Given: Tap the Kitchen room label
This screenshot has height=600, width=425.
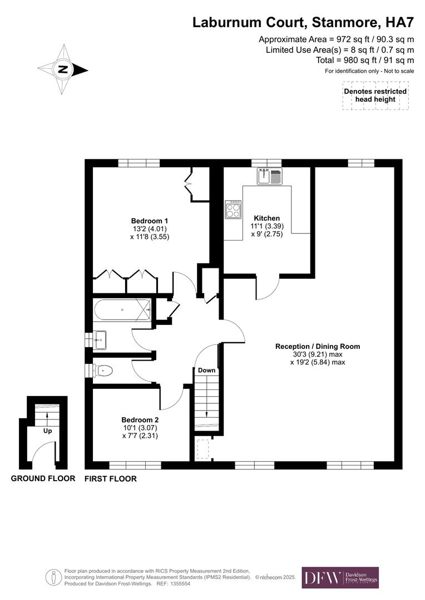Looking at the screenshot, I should pyautogui.click(x=266, y=218).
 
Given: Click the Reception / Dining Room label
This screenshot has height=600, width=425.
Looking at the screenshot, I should pyautogui.click(x=318, y=346).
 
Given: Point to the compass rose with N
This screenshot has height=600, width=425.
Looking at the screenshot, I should pyautogui.click(x=63, y=69).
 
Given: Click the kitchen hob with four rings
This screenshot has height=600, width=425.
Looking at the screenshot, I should pyautogui.click(x=233, y=209).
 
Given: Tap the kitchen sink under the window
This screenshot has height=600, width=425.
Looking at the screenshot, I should pyautogui.click(x=270, y=177).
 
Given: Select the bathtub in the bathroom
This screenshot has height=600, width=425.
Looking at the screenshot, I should pyautogui.click(x=122, y=309).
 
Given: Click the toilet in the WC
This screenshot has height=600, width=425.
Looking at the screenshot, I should pyautogui.click(x=103, y=370).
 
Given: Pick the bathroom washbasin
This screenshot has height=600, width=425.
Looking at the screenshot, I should pyautogui.click(x=100, y=339).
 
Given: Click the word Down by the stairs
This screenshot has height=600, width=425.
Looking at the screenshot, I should pyautogui.click(x=206, y=370).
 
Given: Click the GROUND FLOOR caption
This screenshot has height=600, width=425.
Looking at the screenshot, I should pyautogui.click(x=43, y=478).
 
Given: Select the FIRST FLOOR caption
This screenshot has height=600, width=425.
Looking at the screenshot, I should pyautogui.click(x=110, y=478).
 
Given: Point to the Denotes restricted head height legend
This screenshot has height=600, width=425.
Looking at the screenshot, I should pyautogui.click(x=375, y=95).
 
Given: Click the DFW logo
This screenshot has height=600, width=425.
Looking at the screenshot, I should pyautogui.click(x=340, y=578).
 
